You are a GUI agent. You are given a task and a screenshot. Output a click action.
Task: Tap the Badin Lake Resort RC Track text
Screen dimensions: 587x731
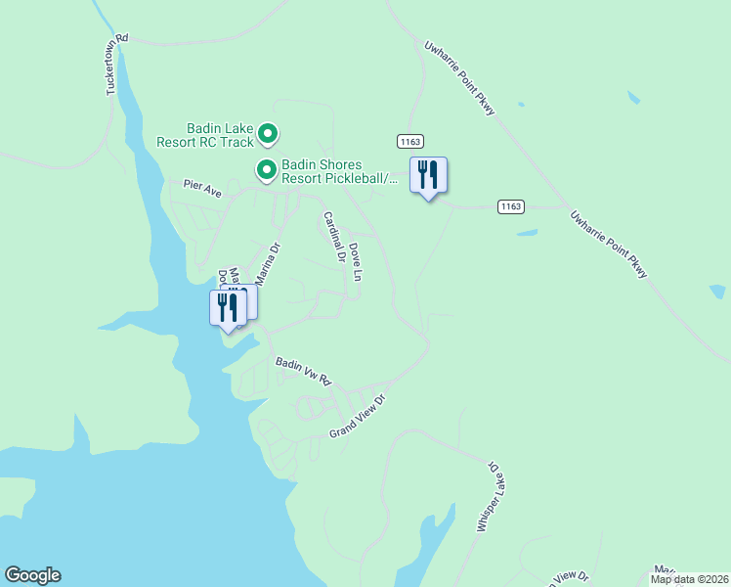click(205, 135)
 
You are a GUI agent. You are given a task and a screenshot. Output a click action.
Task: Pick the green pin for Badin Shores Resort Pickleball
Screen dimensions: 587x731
click(266, 170)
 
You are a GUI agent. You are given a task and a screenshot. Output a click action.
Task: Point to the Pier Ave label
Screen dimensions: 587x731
click(203, 188)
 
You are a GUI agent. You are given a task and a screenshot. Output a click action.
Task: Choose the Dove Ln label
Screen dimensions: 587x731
click(356, 262)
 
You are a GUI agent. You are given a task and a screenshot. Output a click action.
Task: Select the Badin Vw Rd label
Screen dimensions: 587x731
click(304, 370)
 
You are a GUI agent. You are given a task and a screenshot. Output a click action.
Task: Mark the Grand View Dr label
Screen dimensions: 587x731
click(359, 416)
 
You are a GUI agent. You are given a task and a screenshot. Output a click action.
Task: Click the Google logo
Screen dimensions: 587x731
click(32, 575)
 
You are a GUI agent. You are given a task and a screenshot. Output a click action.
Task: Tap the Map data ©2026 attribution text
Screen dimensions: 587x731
click(689, 579)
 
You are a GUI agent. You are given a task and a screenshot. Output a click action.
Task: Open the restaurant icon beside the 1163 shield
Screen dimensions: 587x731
click(428, 175)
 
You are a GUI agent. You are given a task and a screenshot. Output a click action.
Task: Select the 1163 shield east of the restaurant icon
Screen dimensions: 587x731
click(510, 205)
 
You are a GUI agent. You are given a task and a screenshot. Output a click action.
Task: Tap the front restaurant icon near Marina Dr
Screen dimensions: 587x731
click(227, 308)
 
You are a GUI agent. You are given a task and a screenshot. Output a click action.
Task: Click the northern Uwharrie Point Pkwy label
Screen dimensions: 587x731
click(459, 77)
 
